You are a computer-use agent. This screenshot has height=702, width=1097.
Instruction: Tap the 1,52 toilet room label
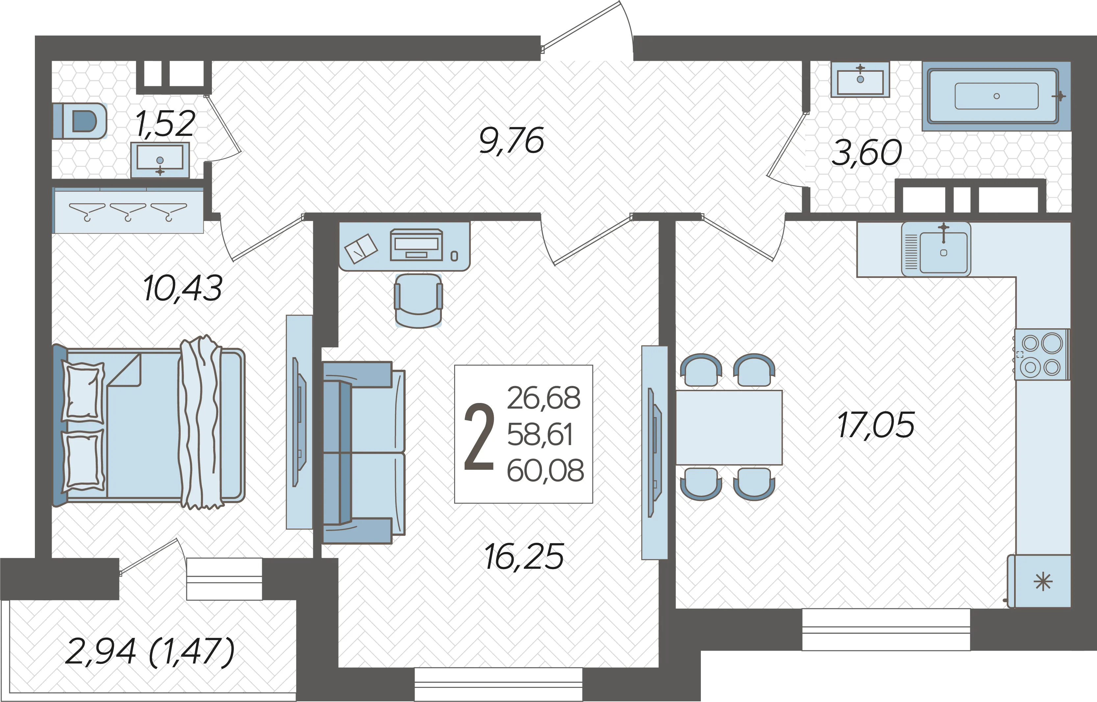point(166,124)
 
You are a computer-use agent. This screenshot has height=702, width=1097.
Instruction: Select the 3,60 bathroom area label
point(866,153)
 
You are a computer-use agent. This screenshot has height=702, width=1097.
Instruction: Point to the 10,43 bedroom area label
point(182,288)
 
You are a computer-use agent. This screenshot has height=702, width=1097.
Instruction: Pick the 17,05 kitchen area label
point(876,425)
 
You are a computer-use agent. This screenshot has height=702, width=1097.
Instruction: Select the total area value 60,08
point(545,470)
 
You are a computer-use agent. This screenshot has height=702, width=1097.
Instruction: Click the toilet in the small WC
point(80,121)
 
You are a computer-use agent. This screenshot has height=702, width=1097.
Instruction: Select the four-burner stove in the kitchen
point(1041,355)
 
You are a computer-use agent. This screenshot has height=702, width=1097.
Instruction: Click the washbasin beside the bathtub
point(860,80)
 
